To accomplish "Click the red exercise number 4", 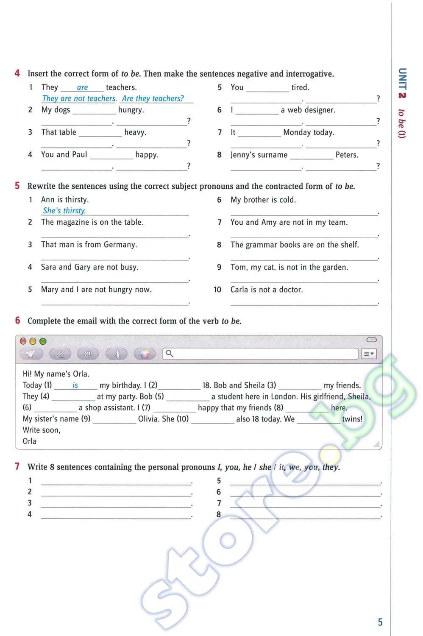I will pyautogui.click(x=17, y=73).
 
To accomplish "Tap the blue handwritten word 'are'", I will pyautogui.click(x=82, y=87).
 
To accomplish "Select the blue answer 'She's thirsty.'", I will pyautogui.click(x=64, y=211).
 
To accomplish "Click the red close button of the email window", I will pyautogui.click(x=23, y=341).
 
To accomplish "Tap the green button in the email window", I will pyautogui.click(x=43, y=341).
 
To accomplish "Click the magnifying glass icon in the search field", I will pyautogui.click(x=170, y=353).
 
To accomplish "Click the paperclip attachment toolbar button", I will pyautogui.click(x=60, y=354).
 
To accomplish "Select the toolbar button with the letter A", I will pyautogui.click(x=116, y=354).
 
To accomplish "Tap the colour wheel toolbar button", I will pyautogui.click(x=145, y=354).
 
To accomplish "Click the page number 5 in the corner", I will pyautogui.click(x=380, y=622).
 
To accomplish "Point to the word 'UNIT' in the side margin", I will pyautogui.click(x=402, y=78).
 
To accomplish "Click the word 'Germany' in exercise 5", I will pyautogui.click(x=120, y=245).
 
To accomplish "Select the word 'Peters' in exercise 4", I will pyautogui.click(x=346, y=155).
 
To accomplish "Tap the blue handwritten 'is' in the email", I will pyautogui.click(x=75, y=385).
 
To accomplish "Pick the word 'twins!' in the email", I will pyautogui.click(x=352, y=419).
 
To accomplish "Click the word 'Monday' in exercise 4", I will pyautogui.click(x=297, y=132).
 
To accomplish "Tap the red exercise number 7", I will pyautogui.click(x=17, y=466).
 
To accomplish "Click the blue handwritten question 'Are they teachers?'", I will pyautogui.click(x=153, y=98).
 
